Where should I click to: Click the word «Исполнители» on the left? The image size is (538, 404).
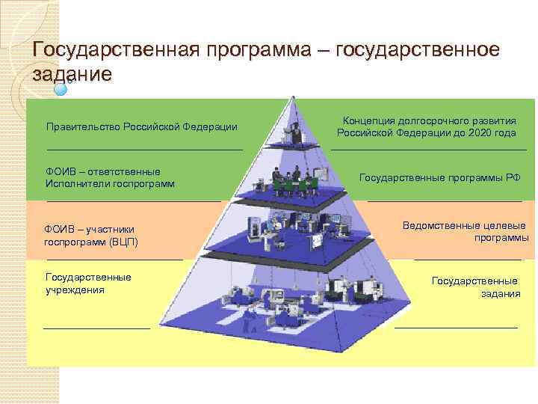click(x=78, y=183)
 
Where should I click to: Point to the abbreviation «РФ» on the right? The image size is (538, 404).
click(x=513, y=177)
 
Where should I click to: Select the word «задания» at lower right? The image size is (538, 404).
click(x=501, y=293)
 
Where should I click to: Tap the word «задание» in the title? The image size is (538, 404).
click(x=72, y=75)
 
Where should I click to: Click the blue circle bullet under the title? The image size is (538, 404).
click(x=61, y=88)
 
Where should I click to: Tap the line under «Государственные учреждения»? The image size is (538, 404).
click(x=96, y=327)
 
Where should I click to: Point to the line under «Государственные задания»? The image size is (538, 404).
click(x=456, y=327)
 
